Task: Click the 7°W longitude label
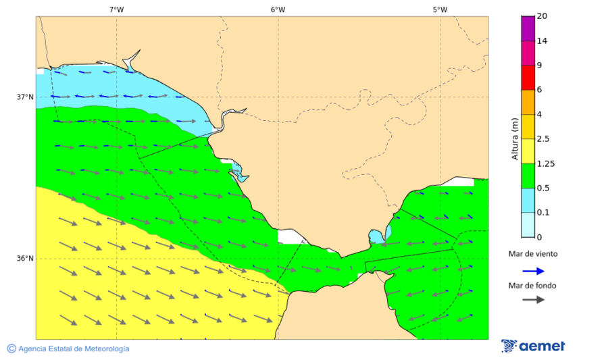click(116, 9)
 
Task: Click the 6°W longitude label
click(278, 9)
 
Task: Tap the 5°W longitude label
click(440, 9)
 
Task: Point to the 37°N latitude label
click(25, 97)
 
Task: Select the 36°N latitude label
click(25, 258)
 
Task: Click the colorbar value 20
click(542, 16)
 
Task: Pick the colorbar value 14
click(542, 41)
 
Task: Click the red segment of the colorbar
click(528, 77)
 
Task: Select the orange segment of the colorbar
click(528, 102)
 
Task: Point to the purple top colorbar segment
click(528, 28)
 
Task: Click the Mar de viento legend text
click(533, 254)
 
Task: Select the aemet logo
click(533, 346)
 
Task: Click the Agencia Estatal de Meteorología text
click(74, 349)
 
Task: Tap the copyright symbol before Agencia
click(11, 349)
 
